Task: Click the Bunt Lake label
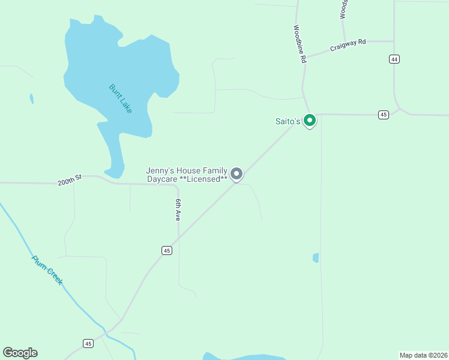(121, 98)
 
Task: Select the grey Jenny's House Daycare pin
(237, 174)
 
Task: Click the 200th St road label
(69, 181)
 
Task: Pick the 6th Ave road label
(178, 210)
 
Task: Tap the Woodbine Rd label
(300, 44)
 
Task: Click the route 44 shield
(394, 59)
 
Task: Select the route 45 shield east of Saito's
(384, 115)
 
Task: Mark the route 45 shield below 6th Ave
(167, 250)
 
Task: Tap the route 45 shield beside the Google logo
(89, 343)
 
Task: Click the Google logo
(20, 353)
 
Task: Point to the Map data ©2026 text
(423, 355)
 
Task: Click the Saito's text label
(288, 121)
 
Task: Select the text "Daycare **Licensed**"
(187, 179)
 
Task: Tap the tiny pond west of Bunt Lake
(31, 98)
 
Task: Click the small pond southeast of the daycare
(316, 258)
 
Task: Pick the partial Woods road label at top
(344, 9)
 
